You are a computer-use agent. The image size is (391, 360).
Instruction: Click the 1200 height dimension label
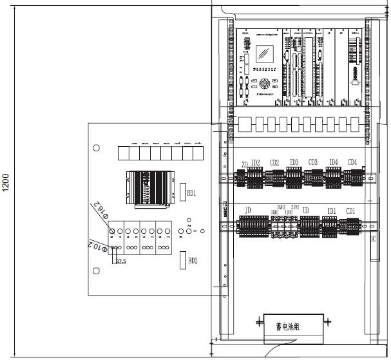coord(6,182)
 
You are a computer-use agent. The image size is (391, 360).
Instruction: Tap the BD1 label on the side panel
coord(191,193)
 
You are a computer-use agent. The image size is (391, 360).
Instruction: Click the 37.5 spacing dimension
coord(120,261)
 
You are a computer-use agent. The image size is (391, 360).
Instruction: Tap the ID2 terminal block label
coord(255,162)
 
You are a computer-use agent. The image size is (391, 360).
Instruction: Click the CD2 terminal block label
coord(274,162)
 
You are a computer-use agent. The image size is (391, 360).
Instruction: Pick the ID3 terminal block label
coord(294,162)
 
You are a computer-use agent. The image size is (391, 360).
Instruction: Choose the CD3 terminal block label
coord(313,162)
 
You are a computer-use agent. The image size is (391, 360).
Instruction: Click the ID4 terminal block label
coord(333,162)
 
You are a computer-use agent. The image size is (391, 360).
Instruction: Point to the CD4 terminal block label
coord(352,162)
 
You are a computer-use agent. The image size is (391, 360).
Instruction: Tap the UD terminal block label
coord(306,211)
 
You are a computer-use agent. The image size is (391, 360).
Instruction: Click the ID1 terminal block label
coord(332,211)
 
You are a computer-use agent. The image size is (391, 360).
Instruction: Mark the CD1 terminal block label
coord(350,211)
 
